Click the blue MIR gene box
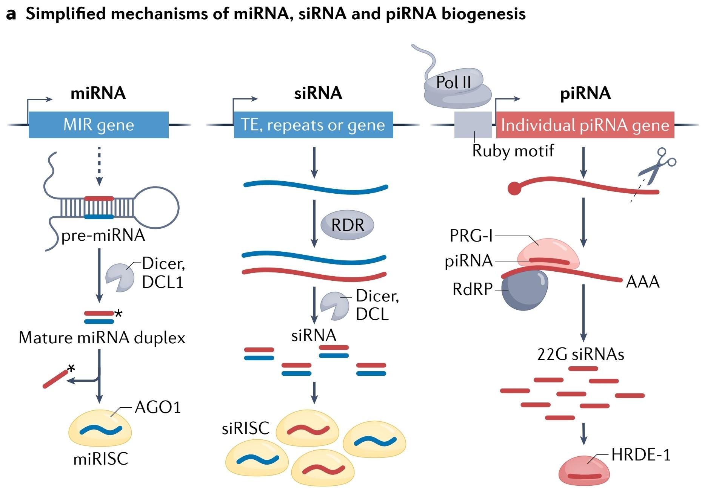99,125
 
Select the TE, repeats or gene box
313,125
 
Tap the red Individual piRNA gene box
585,125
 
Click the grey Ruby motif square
473,125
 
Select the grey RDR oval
347,225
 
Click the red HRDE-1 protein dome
583,471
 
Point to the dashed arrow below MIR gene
99,166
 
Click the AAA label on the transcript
643,282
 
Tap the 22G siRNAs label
580,354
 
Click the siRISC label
246,428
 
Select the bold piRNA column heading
585,93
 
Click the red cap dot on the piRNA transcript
514,188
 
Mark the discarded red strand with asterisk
55,379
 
